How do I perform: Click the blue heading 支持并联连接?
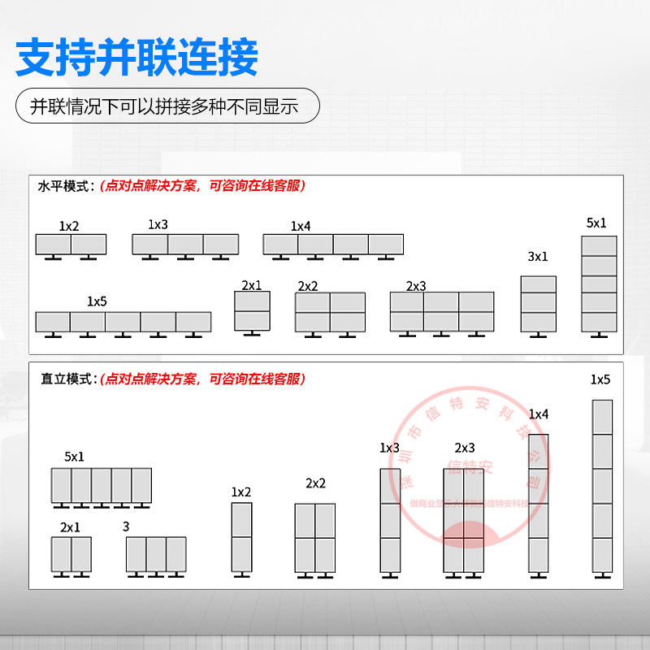tap(137, 58)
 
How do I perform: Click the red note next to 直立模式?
tap(202, 379)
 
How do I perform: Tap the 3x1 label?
tap(538, 257)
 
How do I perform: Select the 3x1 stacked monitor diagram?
tap(539, 305)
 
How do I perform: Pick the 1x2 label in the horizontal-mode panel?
tap(69, 226)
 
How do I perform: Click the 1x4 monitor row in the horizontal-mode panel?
tap(333, 245)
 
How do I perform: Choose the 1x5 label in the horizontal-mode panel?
tap(97, 301)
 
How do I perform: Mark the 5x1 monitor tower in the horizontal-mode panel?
tap(599, 284)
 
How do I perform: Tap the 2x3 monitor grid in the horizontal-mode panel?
tap(441, 312)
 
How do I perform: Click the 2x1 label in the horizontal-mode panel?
tap(251, 285)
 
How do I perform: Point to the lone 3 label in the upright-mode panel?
tap(126, 526)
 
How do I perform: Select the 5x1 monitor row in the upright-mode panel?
tap(102, 486)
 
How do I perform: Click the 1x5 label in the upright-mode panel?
tap(600, 379)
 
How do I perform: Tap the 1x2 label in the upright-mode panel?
tap(241, 492)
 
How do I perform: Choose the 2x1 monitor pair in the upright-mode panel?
tap(71, 554)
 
